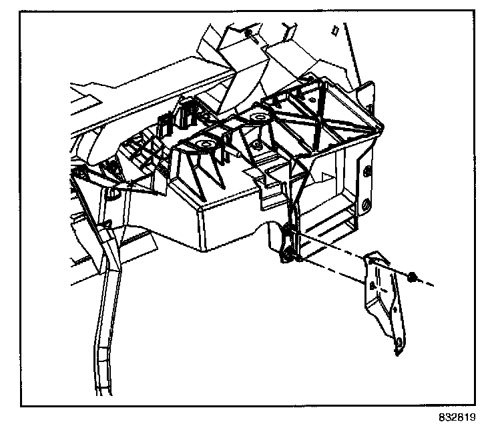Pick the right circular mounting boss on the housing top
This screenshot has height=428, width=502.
click(256, 118)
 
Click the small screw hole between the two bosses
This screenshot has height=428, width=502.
click(256, 145)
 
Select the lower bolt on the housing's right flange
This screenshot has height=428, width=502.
click(366, 205)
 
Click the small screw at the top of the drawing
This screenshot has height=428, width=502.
click(248, 33)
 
